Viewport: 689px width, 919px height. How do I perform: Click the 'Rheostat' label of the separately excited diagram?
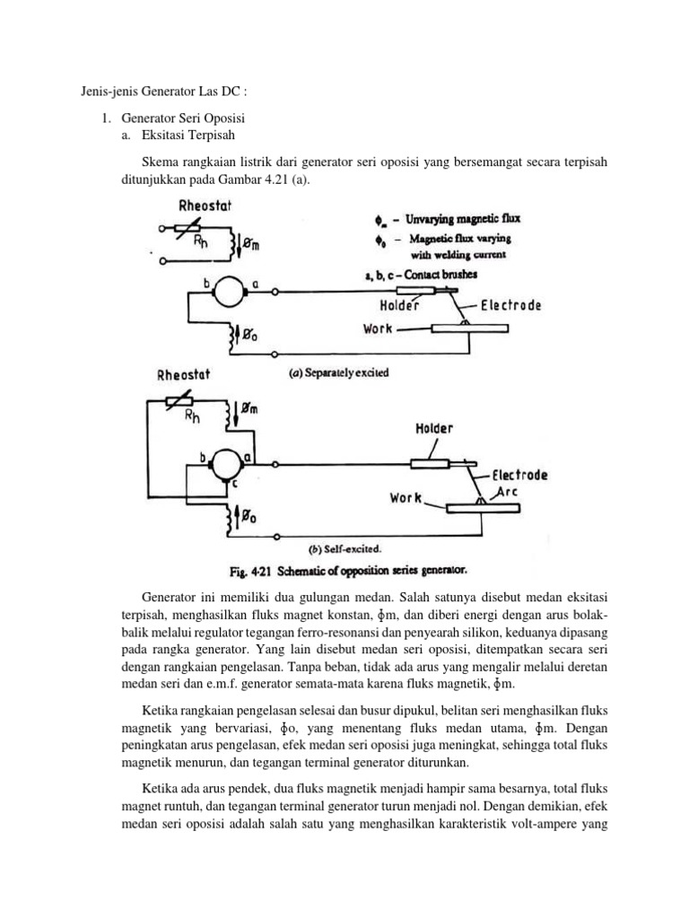coord(205,206)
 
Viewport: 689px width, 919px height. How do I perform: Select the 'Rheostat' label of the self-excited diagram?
coord(182,375)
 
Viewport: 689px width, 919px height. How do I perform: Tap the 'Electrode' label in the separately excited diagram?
coord(510,305)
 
